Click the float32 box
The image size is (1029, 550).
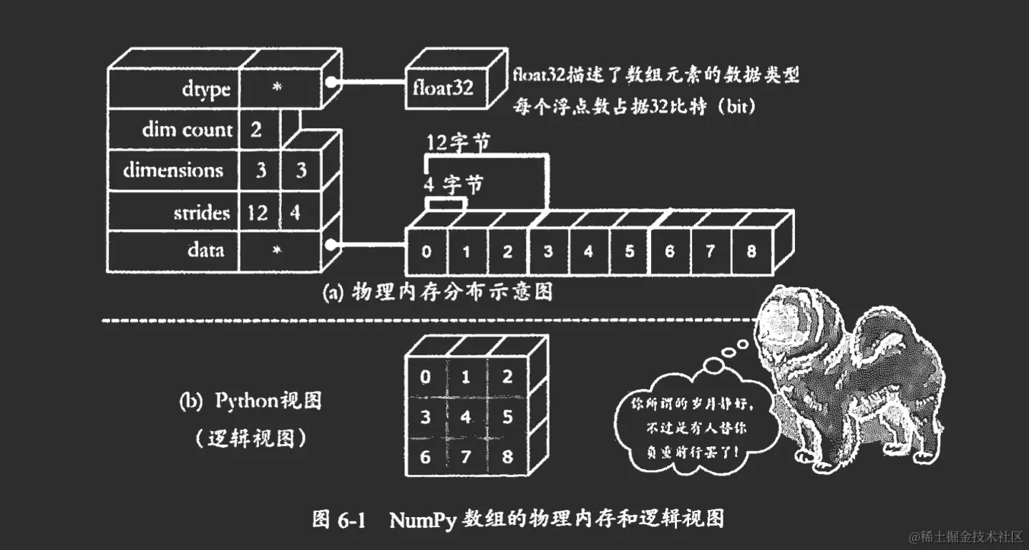pos(444,90)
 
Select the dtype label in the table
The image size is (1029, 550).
pos(205,90)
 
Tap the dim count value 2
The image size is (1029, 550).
pos(255,130)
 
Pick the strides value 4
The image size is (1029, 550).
pos(294,213)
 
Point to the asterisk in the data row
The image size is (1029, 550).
pos(278,250)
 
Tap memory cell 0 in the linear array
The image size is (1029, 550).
pos(426,251)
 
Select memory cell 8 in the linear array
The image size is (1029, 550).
pos(750,251)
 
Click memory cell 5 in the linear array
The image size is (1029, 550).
pos(629,251)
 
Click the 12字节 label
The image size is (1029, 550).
pos(458,143)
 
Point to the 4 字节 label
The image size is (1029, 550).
pos(453,185)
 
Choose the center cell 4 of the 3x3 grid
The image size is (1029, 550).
pos(467,416)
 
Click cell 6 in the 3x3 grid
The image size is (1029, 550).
pos(426,456)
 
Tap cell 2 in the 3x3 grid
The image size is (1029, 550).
pos(507,377)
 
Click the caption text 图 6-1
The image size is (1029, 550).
pos(339,519)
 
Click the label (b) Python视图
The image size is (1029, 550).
pos(250,400)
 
